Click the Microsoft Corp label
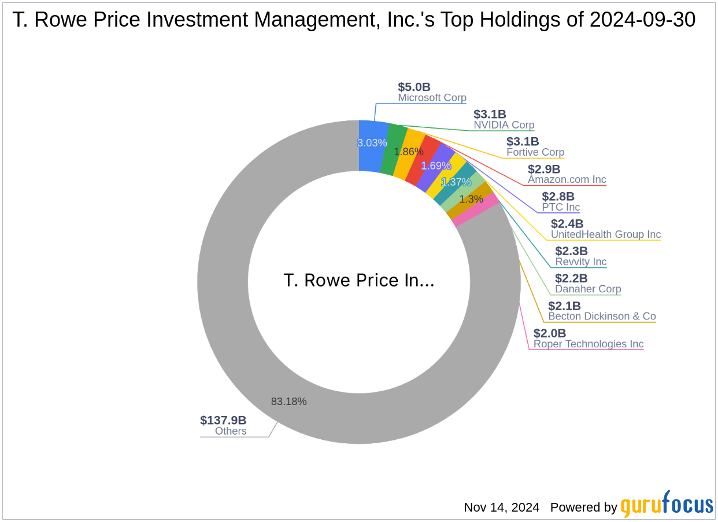click(x=432, y=98)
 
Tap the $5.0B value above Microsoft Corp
click(x=414, y=87)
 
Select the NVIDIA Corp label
click(x=504, y=125)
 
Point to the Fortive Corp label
click(x=535, y=153)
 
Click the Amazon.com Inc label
click(x=567, y=179)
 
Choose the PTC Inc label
click(x=560, y=207)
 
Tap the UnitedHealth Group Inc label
click(x=605, y=234)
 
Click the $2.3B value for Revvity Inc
click(x=571, y=251)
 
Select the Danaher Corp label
click(x=587, y=289)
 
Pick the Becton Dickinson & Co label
click(x=602, y=316)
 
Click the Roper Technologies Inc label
click(x=588, y=344)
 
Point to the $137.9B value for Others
click(x=223, y=420)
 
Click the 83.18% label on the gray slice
click(x=288, y=401)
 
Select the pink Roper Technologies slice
click(x=475, y=212)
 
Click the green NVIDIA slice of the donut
click(x=395, y=149)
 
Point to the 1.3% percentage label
click(x=471, y=199)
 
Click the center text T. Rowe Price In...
click(x=358, y=281)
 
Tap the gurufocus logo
click(x=667, y=505)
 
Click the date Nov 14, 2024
click(x=501, y=508)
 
